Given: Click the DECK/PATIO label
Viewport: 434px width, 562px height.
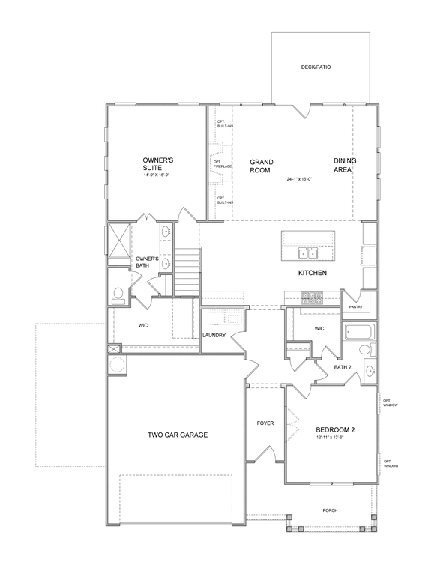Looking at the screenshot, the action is tap(316, 67).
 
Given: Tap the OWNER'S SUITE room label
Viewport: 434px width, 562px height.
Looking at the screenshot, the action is tap(158, 164).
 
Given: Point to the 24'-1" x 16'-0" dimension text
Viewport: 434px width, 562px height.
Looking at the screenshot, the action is tap(299, 178).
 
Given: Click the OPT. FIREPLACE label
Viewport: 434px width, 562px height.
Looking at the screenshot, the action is tap(223, 164).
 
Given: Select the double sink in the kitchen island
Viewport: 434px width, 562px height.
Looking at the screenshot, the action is tap(308, 253).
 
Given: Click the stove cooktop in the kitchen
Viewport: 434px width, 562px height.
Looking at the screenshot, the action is tap(312, 297).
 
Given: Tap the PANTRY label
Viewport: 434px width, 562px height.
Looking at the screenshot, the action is tap(355, 307).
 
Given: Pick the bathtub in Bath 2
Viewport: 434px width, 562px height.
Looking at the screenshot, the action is tap(359, 332).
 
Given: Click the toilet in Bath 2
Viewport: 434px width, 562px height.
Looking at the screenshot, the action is tap(367, 349).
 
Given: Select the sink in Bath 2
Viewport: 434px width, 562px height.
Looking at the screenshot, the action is tap(370, 370).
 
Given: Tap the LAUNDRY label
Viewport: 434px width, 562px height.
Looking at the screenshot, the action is tap(214, 336).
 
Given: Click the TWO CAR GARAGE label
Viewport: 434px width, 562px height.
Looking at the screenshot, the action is tap(178, 435).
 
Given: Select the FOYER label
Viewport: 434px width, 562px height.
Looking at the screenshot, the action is tap(265, 423).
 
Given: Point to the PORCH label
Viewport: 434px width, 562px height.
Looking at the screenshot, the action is tap(330, 510).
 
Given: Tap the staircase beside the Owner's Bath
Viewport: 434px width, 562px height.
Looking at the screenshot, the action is tap(187, 272).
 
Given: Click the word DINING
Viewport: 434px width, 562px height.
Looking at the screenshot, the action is tap(345, 161).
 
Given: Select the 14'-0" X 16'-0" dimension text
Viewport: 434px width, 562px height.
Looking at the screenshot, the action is tap(156, 175).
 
